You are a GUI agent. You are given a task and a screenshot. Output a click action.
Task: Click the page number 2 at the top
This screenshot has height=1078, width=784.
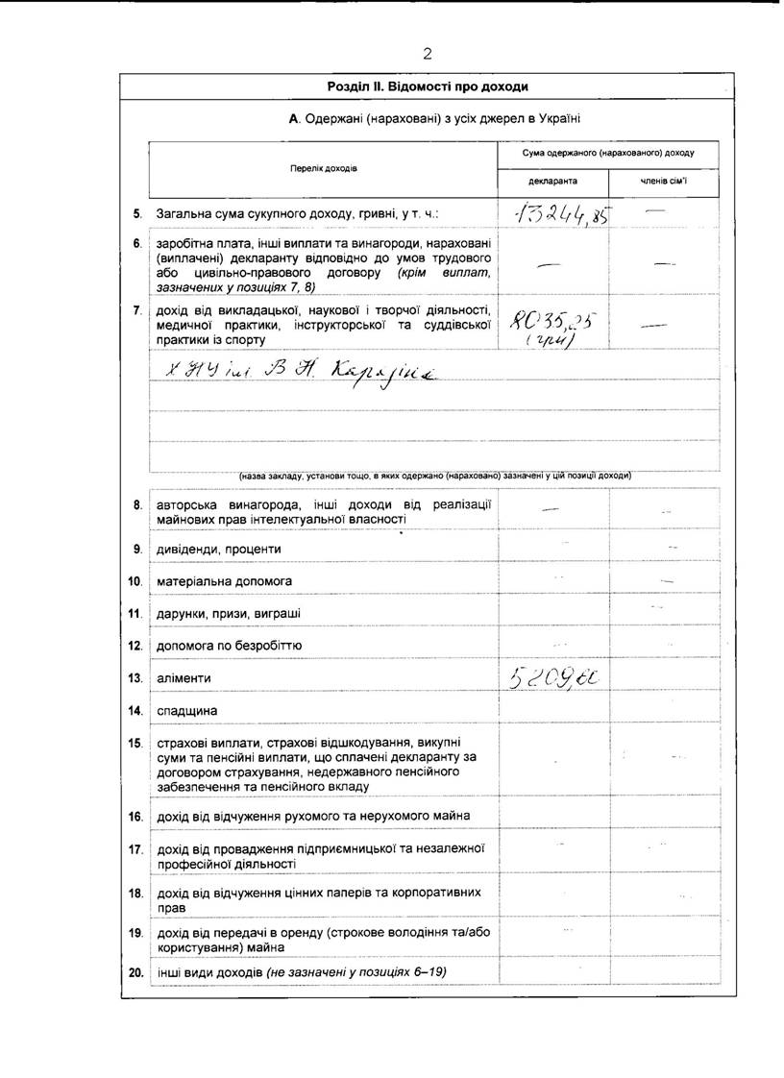click(x=427, y=53)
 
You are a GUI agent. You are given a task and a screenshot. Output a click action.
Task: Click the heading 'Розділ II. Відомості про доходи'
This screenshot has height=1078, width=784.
click(x=428, y=86)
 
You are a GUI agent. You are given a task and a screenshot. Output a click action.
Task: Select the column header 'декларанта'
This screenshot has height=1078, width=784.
click(x=553, y=181)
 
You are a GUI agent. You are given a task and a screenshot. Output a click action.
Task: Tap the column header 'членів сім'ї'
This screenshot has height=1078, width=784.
click(x=664, y=181)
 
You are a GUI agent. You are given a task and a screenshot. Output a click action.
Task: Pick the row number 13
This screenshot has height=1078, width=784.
click(x=135, y=678)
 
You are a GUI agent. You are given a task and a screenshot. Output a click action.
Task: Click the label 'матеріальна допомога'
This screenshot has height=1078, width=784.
click(x=224, y=581)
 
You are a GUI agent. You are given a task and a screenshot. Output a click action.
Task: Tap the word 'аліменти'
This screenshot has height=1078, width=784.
click(x=184, y=678)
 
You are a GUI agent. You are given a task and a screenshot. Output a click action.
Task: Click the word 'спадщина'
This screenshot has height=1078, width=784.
click(x=186, y=711)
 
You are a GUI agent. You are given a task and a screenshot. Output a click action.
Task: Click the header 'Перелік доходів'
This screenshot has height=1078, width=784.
click(x=324, y=168)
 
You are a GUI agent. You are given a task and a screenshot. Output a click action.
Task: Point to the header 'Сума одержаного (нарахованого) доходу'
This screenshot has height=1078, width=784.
click(x=608, y=153)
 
